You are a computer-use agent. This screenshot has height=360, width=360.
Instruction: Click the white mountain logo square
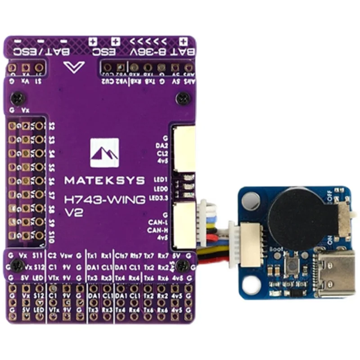pos(104,153)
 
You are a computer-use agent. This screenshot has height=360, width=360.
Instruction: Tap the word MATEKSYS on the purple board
pos(104,180)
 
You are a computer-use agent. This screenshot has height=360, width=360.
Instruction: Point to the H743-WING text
pos(104,199)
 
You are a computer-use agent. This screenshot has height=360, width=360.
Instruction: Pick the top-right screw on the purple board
pos(183,98)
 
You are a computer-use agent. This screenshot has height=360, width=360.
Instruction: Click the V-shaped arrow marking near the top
pos(74,67)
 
